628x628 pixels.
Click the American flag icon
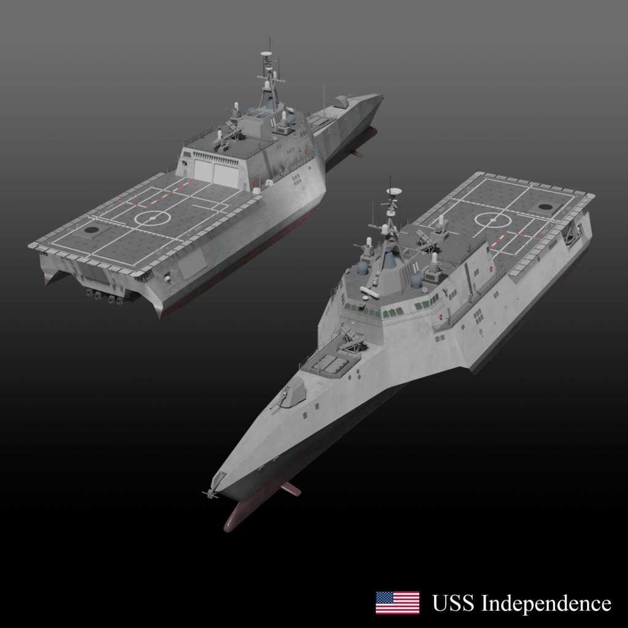pyautogui.click(x=397, y=602)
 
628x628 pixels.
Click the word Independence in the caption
pyautogui.click(x=546, y=603)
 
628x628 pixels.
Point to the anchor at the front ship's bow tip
pyautogui.click(x=212, y=492)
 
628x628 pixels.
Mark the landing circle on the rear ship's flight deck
pyautogui.click(x=150, y=218)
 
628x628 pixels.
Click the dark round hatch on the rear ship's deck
pyautogui.click(x=91, y=230)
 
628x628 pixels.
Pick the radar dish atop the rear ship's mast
pyautogui.click(x=266, y=54)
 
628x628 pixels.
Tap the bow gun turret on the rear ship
pyautogui.click(x=343, y=101)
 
